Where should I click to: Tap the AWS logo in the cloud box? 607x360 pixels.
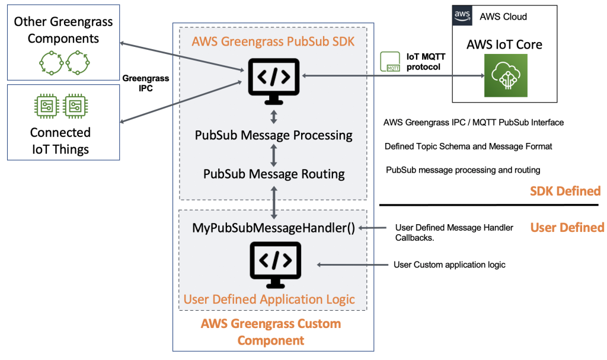tap(462, 16)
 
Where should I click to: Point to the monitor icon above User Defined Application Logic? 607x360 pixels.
tap(273, 262)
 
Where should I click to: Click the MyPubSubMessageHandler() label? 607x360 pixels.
tap(273, 228)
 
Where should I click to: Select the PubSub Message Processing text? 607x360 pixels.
tap(273, 135)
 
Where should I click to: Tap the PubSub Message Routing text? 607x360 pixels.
tap(273, 174)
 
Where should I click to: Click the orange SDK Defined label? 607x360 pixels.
tap(566, 191)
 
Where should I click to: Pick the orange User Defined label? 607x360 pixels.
tap(567, 228)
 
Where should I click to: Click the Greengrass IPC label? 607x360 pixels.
tap(146, 84)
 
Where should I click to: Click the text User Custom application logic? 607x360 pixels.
tap(449, 265)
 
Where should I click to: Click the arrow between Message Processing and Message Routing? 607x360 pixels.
tap(273, 155)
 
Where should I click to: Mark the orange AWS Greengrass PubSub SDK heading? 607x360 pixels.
tap(273, 42)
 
